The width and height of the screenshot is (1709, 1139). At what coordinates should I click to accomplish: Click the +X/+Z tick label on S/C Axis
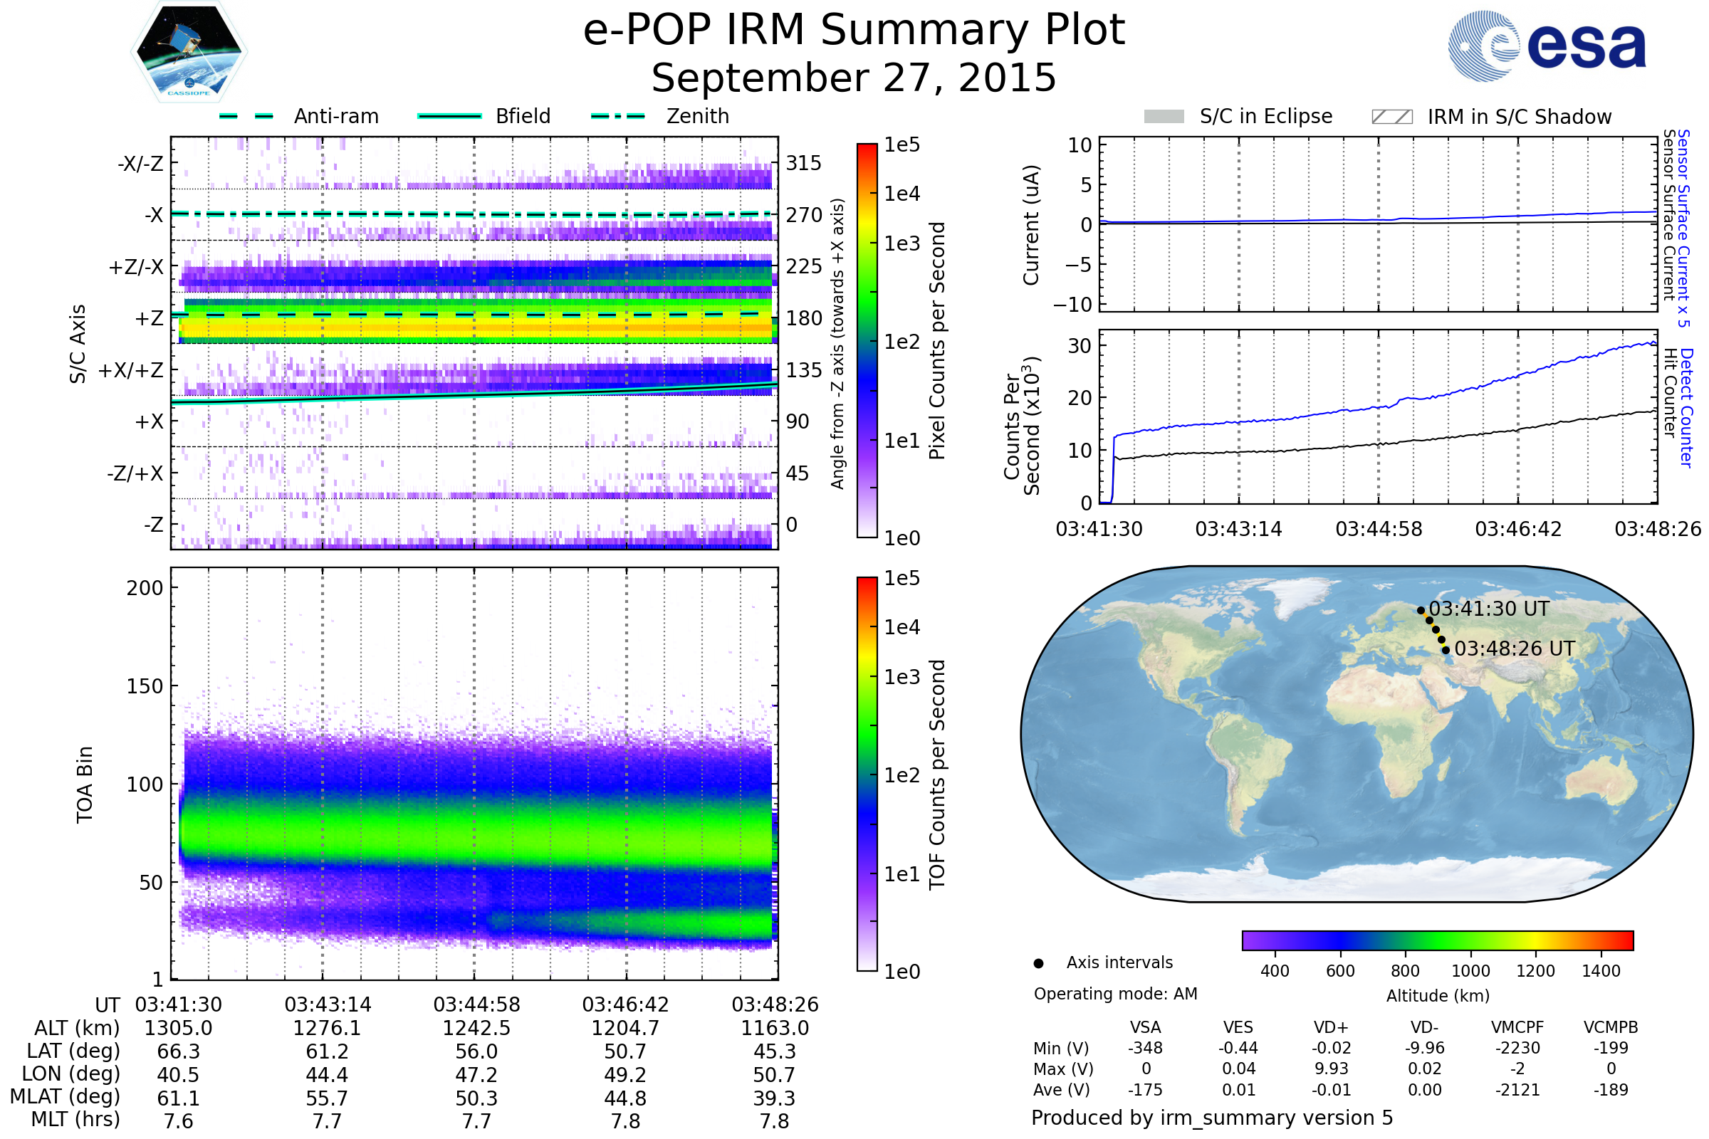point(131,370)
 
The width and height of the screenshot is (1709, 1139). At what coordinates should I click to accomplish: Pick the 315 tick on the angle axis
point(803,163)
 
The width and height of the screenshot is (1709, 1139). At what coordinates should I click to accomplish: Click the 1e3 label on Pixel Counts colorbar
point(901,243)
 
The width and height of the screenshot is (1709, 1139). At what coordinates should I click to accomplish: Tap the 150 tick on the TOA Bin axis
point(145,686)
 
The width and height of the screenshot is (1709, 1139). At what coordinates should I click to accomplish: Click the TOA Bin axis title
point(85,784)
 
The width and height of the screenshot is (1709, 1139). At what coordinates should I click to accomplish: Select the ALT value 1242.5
point(476,1028)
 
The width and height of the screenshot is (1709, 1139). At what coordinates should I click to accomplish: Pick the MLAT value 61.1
point(179,1098)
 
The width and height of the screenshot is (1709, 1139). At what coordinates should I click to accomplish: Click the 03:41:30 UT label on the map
point(1489,609)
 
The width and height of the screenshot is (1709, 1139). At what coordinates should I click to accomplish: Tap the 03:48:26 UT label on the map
point(1515,649)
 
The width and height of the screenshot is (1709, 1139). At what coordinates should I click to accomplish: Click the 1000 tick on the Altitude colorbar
point(1470,971)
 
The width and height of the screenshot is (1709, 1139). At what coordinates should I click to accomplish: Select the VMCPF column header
point(1517,1027)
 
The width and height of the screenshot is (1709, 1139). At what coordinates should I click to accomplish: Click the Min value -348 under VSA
point(1145,1048)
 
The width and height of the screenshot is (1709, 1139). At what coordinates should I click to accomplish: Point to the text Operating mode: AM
point(1115,994)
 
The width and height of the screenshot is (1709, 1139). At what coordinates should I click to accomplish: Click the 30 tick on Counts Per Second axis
point(1080,346)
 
